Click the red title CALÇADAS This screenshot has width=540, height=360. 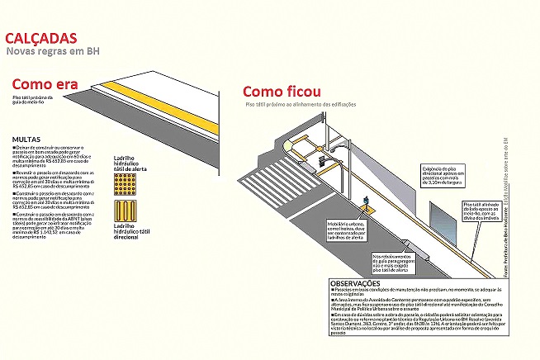(x=41, y=39)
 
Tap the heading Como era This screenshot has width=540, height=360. (x=45, y=84)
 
